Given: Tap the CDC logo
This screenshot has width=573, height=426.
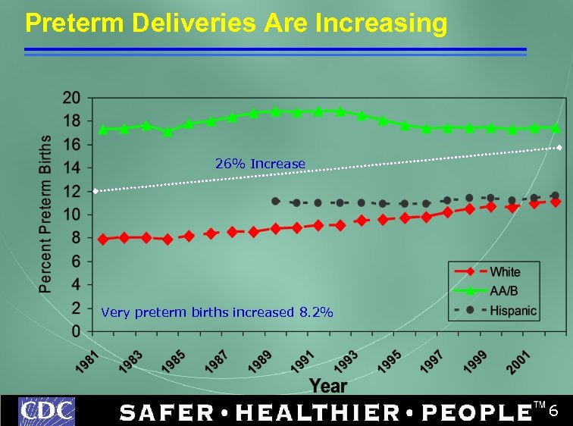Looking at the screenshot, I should point(47,412).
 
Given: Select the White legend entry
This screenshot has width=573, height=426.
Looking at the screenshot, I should point(505,271).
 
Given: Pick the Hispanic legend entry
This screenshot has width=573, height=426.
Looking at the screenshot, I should point(512,310).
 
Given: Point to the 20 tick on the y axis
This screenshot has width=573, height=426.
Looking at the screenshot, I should point(71,98).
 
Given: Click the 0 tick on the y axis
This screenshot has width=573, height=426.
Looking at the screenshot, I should point(76,332).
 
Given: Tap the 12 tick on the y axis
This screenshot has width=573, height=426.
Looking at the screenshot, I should point(71,192).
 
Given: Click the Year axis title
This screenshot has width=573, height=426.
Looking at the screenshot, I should point(327,386).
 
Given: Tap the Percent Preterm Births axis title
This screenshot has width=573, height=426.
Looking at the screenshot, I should point(46,215).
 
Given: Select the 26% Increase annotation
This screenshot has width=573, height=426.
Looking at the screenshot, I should point(260,164).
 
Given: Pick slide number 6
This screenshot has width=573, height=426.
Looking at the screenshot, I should point(553,411).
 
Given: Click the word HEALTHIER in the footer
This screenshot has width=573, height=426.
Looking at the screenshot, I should point(318,412).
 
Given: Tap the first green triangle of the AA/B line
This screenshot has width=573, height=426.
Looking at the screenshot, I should point(103,130).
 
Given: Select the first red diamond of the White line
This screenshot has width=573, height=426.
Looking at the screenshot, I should point(103,240).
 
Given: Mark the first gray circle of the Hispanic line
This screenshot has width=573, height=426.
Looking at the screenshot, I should point(275,202).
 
